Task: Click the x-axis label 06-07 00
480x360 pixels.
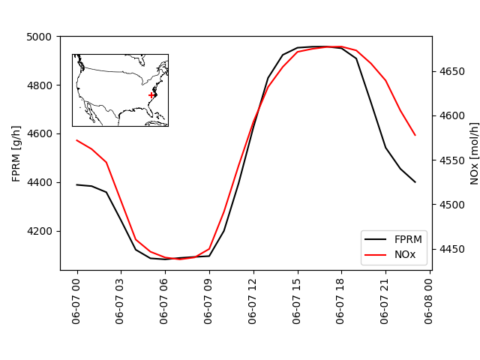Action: (77, 300)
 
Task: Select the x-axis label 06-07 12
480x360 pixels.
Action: (253, 300)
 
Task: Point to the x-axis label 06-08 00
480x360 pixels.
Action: (430, 300)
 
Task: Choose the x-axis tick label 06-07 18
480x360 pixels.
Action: (342, 300)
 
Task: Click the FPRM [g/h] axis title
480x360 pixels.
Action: (16, 153)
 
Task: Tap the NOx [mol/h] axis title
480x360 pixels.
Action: (474, 153)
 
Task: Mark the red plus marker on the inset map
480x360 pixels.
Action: (151, 94)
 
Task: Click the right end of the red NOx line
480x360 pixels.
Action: (415, 135)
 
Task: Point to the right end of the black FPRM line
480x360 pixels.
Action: (415, 181)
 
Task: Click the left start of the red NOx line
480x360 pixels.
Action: (77, 140)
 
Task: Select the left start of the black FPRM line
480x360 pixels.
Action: (77, 184)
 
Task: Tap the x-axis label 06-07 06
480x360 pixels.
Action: (166, 300)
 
